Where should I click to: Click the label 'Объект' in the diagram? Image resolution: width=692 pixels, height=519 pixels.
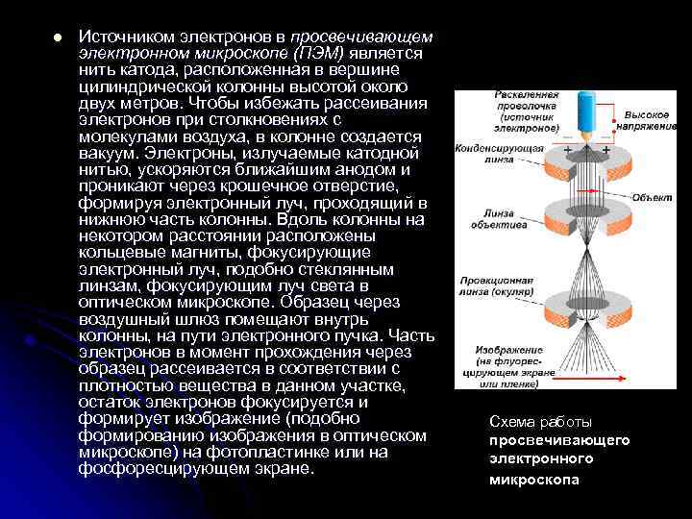point(651,195)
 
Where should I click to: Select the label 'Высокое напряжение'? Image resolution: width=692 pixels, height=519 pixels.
point(653,119)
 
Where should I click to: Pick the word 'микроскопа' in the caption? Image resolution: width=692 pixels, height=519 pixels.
point(534,479)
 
